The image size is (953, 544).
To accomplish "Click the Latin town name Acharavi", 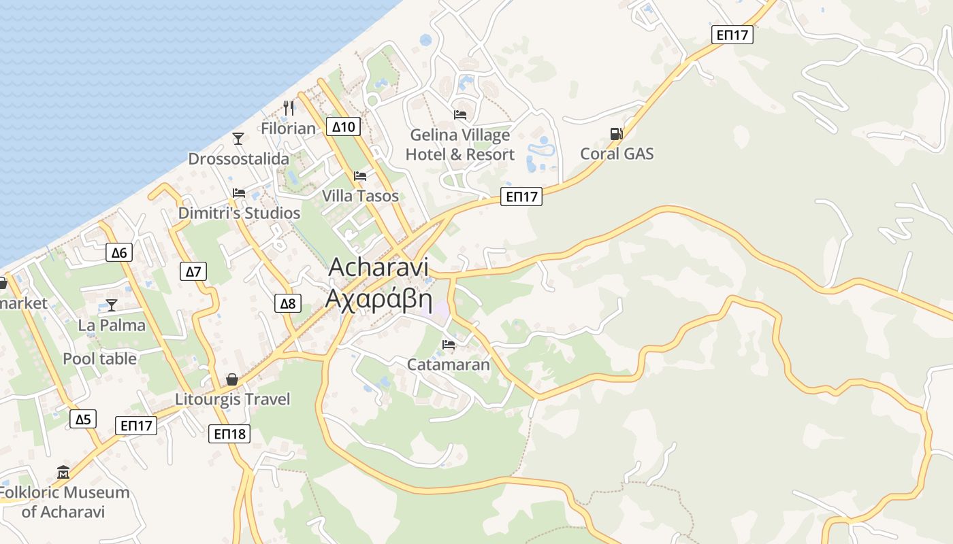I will pyautogui.click(x=378, y=267).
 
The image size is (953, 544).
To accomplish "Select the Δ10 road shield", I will pyautogui.click(x=343, y=126).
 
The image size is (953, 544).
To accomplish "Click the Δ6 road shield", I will pyautogui.click(x=119, y=253).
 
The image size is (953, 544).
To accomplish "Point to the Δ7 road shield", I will pyautogui.click(x=194, y=272).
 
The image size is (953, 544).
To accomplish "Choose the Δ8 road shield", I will pyautogui.click(x=288, y=303).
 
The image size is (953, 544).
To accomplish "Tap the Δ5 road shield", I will pyautogui.click(x=82, y=419).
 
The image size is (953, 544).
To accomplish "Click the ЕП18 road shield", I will pyautogui.click(x=229, y=433).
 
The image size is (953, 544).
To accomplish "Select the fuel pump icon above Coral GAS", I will pyautogui.click(x=616, y=134).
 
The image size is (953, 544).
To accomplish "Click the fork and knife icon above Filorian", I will pyautogui.click(x=289, y=107).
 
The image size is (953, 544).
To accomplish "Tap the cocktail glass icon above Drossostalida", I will pyautogui.click(x=238, y=139).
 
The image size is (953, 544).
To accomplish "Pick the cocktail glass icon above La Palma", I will pyautogui.click(x=112, y=305).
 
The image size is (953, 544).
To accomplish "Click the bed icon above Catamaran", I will pyautogui.click(x=448, y=345).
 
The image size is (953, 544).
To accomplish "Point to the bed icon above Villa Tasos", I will pyautogui.click(x=360, y=176).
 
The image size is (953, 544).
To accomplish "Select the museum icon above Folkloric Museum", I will pyautogui.click(x=63, y=472).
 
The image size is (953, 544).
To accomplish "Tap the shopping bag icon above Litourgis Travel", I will pyautogui.click(x=232, y=379).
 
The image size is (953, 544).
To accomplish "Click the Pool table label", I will pyautogui.click(x=99, y=358).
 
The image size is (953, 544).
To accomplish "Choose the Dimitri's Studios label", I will pyautogui.click(x=239, y=213).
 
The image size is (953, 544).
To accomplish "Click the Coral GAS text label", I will pyautogui.click(x=617, y=154).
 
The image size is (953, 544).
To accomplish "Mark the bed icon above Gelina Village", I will pyautogui.click(x=460, y=114).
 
